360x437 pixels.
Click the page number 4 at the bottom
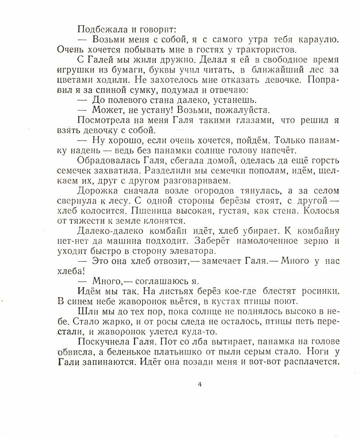199,385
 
